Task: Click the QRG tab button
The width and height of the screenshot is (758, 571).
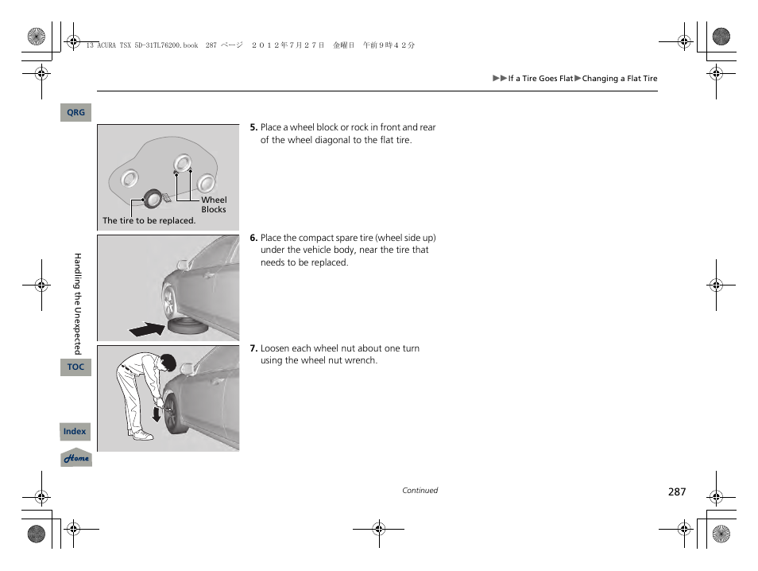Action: click(x=75, y=113)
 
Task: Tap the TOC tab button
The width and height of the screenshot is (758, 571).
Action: click(x=75, y=367)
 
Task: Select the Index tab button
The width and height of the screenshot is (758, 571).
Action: click(x=75, y=432)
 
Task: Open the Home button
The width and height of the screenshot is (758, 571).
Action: click(x=76, y=458)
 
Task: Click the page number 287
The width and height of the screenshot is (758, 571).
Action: click(x=676, y=492)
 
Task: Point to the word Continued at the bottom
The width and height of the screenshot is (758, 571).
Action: click(x=420, y=491)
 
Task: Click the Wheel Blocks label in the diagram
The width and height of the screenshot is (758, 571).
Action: click(x=213, y=205)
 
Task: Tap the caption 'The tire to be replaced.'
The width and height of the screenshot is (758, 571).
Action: click(x=149, y=221)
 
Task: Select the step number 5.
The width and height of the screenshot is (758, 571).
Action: click(x=253, y=127)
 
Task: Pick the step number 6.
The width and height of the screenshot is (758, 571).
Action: click(x=253, y=238)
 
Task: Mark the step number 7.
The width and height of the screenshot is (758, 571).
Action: click(x=253, y=348)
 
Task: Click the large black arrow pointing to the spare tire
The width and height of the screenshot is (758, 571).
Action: click(x=147, y=328)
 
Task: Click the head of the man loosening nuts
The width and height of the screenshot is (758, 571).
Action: click(x=168, y=363)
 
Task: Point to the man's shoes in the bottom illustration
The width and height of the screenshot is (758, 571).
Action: click(x=142, y=435)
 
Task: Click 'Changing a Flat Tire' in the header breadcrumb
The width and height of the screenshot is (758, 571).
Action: click(x=620, y=79)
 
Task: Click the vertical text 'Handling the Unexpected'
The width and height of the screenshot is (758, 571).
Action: click(x=78, y=303)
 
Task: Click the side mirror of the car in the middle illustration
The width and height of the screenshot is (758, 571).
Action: click(x=184, y=263)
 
